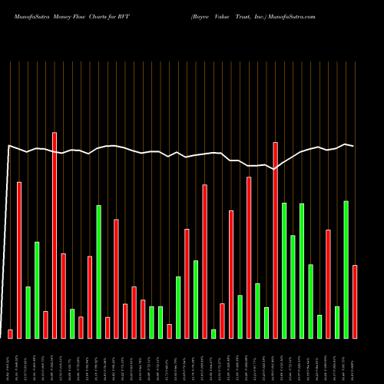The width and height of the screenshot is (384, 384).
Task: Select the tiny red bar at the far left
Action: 10,333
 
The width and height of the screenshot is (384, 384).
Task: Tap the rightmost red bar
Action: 355,301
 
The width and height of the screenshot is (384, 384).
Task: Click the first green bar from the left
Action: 28,312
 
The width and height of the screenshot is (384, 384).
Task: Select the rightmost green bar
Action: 346,269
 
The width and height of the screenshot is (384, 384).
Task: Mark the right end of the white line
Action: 353,146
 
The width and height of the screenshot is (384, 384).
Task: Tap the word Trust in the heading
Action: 253,15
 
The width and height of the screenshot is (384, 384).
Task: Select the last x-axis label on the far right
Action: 355,361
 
